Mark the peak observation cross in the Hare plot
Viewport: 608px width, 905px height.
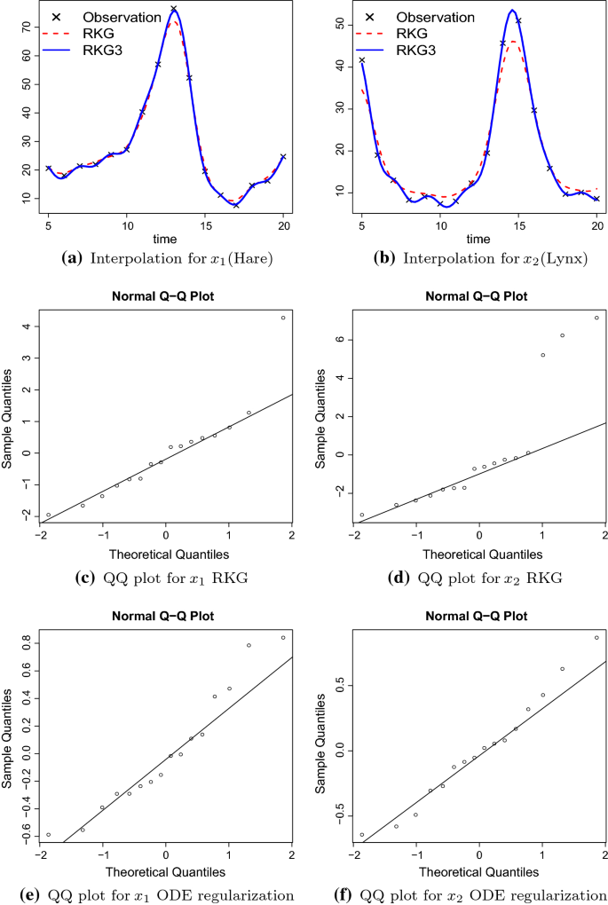[x=173, y=9]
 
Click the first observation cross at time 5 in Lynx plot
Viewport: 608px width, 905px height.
[x=362, y=60]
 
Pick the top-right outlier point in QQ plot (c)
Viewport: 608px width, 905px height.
[x=283, y=318]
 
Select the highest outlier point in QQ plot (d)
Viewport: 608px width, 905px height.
[x=596, y=318]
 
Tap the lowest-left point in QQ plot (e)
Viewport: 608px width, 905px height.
[x=49, y=834]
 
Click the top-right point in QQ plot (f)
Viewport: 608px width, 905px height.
[x=596, y=637]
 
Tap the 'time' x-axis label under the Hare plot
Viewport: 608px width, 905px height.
[x=165, y=240]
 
